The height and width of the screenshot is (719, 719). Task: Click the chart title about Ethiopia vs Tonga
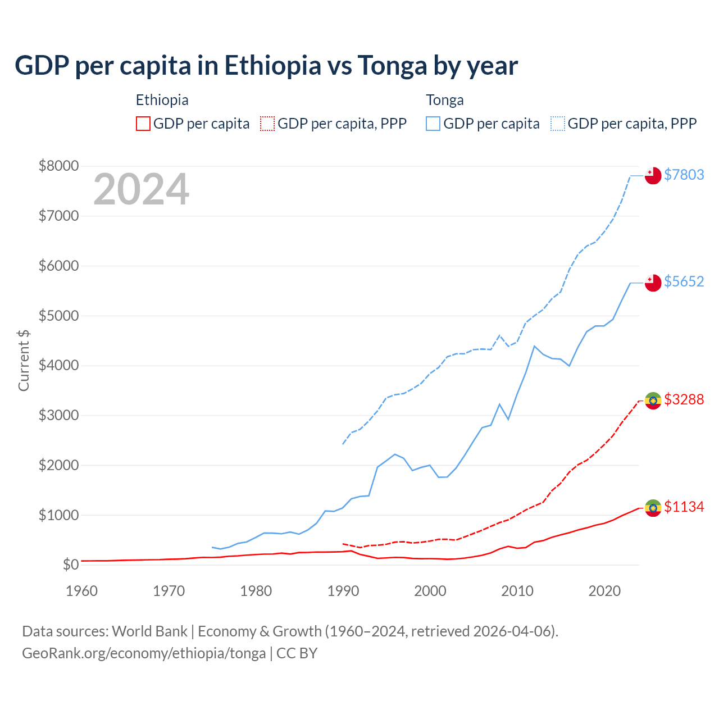tap(266, 66)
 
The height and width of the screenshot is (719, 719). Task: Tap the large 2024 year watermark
tap(141, 190)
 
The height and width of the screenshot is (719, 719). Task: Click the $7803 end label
tap(684, 175)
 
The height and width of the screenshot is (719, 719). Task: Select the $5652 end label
tap(684, 281)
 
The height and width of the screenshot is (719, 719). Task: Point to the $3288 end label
tap(684, 399)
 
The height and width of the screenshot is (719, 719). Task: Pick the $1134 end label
tap(684, 507)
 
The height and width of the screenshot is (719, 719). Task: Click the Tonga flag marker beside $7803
tap(653, 175)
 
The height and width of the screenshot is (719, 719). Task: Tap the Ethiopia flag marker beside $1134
tap(653, 508)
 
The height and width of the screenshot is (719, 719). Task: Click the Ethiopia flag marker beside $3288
tap(653, 401)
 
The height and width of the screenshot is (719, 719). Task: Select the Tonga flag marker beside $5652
tap(653, 283)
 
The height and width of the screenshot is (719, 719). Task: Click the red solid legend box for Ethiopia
tap(143, 124)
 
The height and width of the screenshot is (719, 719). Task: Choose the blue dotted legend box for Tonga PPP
tap(558, 124)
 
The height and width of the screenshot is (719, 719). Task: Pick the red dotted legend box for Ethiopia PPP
tap(268, 124)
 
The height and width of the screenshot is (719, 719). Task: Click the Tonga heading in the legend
tap(445, 100)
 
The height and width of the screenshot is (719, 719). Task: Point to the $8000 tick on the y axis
tap(58, 166)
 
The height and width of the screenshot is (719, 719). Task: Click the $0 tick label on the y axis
tap(70, 565)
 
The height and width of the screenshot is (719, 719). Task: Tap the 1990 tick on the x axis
tap(343, 591)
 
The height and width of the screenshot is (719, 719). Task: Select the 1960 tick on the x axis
tap(82, 591)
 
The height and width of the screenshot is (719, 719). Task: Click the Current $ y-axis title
tap(24, 360)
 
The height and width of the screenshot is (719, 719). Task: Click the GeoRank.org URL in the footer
tap(144, 653)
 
